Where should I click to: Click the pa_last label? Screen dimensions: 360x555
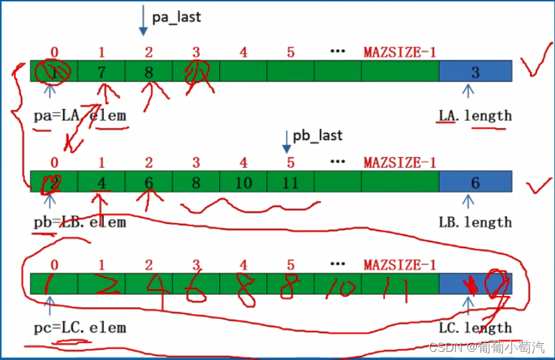176,17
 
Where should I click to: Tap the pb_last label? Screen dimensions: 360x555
317,136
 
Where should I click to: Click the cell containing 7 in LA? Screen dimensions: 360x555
102,71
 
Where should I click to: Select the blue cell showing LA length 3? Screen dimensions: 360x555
475,71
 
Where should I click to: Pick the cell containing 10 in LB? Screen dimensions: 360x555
243,181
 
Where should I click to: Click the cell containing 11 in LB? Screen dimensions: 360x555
291,181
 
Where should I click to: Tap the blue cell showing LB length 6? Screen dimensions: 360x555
475,181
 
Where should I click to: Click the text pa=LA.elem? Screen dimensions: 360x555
80,115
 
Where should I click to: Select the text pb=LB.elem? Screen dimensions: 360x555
80,222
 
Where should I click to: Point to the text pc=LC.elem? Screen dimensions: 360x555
80,328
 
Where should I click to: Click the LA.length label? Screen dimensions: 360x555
475,115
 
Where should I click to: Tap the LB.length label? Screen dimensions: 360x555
475,222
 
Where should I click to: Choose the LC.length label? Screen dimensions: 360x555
475,328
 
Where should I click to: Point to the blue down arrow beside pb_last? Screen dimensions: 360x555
286,140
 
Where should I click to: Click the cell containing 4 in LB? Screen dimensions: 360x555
102,181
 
